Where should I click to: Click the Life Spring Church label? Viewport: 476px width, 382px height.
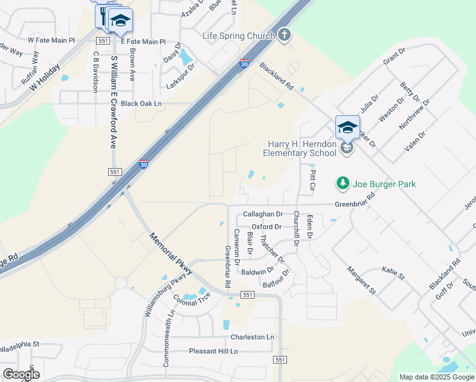[x=238, y=36]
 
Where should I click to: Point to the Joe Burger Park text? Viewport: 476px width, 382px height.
[x=385, y=185]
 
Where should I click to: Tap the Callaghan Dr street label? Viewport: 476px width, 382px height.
[x=263, y=215]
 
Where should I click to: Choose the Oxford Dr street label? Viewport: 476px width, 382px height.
[x=266, y=227]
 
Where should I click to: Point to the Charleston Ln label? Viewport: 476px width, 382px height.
[x=253, y=337]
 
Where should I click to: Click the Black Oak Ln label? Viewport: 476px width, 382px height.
[x=141, y=103]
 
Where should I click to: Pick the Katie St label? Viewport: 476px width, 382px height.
[x=393, y=273]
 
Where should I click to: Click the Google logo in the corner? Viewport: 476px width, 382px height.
[x=21, y=374]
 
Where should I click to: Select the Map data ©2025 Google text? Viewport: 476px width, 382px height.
[x=437, y=377]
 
